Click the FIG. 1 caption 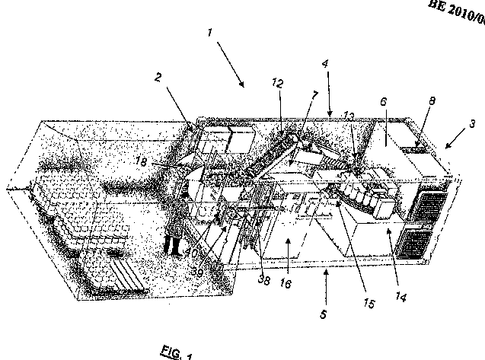tap(177, 352)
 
